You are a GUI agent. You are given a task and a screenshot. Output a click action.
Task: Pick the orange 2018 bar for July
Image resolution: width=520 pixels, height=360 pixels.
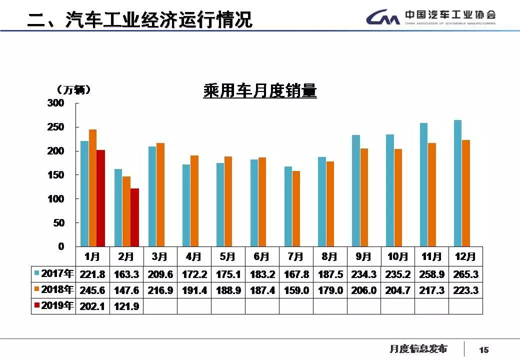tap(296, 208)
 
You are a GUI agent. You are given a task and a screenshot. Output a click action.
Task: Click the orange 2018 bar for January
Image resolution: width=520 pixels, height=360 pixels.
tap(92, 187)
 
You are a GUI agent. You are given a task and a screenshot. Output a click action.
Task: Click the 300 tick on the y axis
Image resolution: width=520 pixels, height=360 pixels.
tap(56, 103)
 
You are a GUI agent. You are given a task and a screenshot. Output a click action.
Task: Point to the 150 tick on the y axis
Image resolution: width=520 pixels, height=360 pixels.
tap(56, 175)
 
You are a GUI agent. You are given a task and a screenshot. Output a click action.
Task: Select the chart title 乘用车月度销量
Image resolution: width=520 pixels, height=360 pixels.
tap(260, 91)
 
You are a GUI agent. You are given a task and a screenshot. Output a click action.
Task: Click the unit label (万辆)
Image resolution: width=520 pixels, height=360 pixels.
tap(74, 90)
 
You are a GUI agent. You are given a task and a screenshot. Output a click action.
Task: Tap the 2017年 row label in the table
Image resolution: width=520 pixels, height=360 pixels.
tap(54, 274)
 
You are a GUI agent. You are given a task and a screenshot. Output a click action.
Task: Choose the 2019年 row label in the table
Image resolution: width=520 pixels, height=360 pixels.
tap(54, 306)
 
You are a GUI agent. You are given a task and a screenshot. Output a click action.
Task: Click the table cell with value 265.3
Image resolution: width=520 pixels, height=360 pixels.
tap(466, 274)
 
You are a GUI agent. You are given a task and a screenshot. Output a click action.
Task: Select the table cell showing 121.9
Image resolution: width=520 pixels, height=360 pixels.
tap(126, 306)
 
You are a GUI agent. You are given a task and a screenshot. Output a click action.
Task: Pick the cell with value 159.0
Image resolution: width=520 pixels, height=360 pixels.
tap(296, 290)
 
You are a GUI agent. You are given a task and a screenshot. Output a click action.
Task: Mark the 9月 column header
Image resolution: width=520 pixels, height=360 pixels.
tap(364, 257)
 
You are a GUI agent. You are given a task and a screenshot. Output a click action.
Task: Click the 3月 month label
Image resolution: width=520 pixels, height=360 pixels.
tap(160, 257)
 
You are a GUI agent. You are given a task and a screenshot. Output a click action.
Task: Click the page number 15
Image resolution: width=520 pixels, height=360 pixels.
tap(483, 349)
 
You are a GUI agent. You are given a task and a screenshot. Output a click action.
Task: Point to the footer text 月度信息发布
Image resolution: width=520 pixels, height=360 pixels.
tap(418, 348)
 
